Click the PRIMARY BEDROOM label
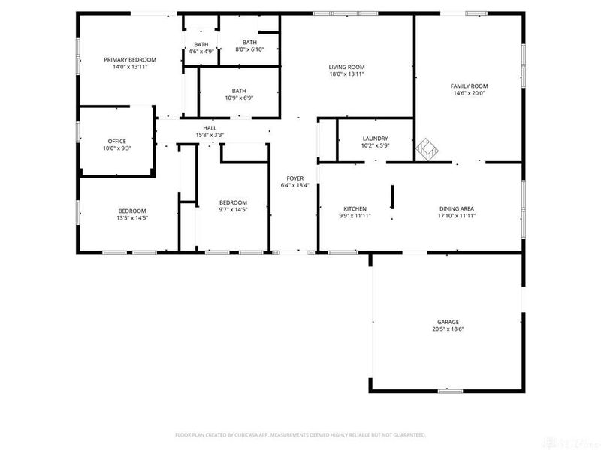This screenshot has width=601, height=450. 130,59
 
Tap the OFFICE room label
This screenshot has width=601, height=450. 116,141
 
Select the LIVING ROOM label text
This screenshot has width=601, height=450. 346,67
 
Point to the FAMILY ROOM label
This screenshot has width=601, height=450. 469,86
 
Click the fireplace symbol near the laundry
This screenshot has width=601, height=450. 426,148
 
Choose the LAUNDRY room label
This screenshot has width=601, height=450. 375,139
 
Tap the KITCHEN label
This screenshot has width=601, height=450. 355,208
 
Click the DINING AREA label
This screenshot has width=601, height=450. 457,208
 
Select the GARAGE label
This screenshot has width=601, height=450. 448,322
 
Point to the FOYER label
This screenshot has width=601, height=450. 295,178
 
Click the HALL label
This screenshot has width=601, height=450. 210,128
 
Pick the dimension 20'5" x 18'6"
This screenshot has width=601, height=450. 448,328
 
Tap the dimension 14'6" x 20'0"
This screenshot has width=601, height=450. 469,94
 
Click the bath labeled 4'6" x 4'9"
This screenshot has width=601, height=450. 201,48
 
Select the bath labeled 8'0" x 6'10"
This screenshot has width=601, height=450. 249,46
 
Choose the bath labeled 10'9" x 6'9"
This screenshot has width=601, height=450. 239,94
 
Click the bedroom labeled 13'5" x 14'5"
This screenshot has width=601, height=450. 131,214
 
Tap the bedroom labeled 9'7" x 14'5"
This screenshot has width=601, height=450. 233,206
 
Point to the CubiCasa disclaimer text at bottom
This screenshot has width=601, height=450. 300,434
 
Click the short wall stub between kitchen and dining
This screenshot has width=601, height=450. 391,199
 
